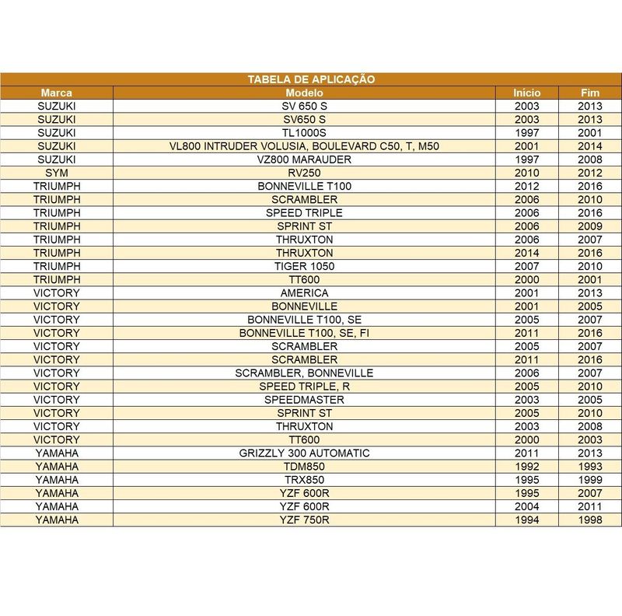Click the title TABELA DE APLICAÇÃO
311,79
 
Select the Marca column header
57,92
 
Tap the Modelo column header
304,92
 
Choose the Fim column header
589,92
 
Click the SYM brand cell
57,173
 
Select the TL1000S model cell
304,132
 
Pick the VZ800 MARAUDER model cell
304,159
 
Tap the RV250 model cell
304,173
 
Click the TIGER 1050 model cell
304,266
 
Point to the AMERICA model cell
304,293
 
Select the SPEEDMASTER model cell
304,400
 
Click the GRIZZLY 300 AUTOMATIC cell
304,453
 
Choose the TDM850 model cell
304,467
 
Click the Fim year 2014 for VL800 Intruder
589,146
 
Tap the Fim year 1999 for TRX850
589,480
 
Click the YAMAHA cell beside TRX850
57,480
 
